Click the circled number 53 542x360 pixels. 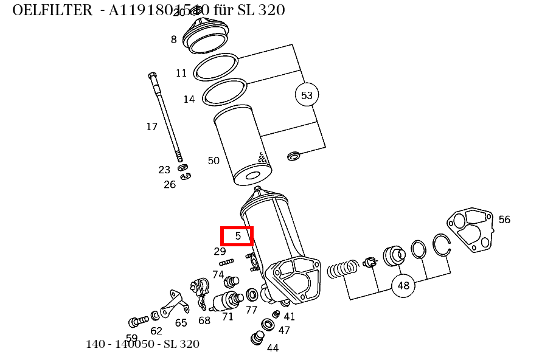pyautogui.click(x=307, y=95)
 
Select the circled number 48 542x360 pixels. pyautogui.click(x=403, y=285)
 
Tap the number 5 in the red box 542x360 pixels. pyautogui.click(x=238, y=236)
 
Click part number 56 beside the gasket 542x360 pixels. pyautogui.click(x=504, y=220)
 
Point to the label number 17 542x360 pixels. pyautogui.click(x=151, y=127)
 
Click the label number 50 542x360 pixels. pyautogui.click(x=214, y=161)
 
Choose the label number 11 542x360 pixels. pyautogui.click(x=181, y=74)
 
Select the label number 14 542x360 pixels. pyautogui.click(x=189, y=99)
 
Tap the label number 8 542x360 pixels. pyautogui.click(x=173, y=40)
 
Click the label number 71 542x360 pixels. pyautogui.click(x=228, y=316)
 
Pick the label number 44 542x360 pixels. pyautogui.click(x=273, y=348)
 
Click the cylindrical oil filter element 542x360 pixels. pyautogui.click(x=242, y=149)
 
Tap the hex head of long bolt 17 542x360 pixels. pyautogui.click(x=152, y=76)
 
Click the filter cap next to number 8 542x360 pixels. pyautogui.click(x=206, y=35)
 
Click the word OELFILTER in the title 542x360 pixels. pyautogui.click(x=51, y=10)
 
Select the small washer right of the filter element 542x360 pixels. pyautogui.click(x=293, y=156)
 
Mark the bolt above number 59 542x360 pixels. pyautogui.click(x=138, y=320)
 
